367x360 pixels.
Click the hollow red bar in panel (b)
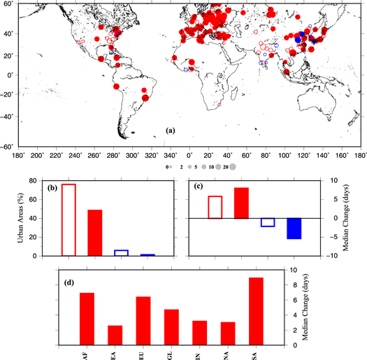click(69, 219)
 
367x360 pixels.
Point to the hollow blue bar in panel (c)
click(268, 222)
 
